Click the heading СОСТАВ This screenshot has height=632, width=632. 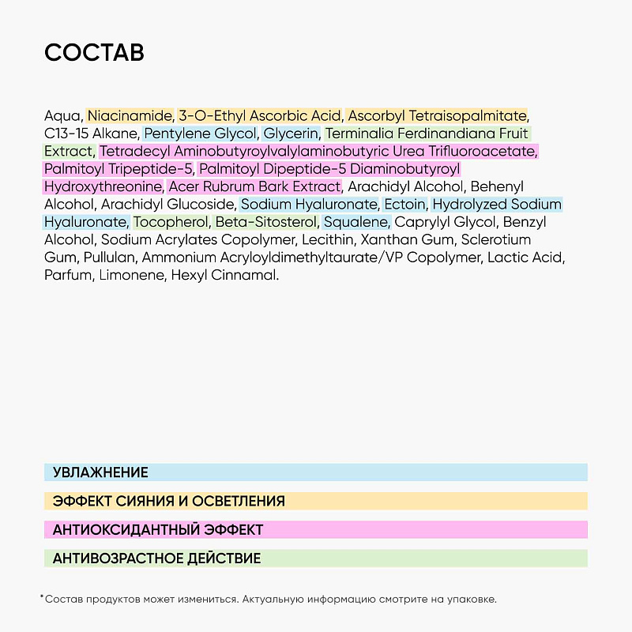[x=94, y=53]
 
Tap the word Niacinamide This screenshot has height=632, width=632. [x=130, y=116]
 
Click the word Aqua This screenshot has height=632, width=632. [x=62, y=116]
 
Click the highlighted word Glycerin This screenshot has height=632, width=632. [x=291, y=134]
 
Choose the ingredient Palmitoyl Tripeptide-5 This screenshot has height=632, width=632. [x=118, y=169]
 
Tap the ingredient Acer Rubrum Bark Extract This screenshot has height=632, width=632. [x=254, y=186]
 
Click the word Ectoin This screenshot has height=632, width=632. [x=404, y=204]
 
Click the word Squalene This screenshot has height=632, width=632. [x=355, y=222]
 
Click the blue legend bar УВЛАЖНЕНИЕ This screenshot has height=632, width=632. [x=316, y=472]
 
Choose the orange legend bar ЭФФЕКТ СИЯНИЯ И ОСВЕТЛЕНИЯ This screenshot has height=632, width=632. [x=316, y=501]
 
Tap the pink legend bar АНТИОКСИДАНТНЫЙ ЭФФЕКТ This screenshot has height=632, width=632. [x=316, y=529]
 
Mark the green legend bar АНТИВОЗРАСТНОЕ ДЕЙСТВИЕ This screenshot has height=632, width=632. [x=316, y=559]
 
